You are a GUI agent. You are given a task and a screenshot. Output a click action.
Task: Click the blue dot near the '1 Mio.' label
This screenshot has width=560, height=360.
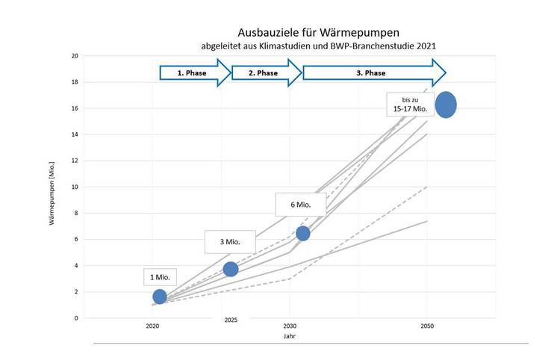pyautogui.click(x=160, y=297)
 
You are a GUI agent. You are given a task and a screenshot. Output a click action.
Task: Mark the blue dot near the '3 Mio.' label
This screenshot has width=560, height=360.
pyautogui.click(x=231, y=269)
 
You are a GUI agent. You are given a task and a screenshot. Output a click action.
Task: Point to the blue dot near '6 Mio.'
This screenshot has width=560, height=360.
pyautogui.click(x=302, y=234)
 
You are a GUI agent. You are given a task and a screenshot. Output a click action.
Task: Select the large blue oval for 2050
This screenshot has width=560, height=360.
pyautogui.click(x=446, y=105)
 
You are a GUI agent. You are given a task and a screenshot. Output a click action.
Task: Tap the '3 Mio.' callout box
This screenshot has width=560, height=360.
pyautogui.click(x=231, y=242)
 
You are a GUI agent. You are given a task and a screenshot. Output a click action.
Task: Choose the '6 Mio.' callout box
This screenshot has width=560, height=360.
pyautogui.click(x=302, y=204)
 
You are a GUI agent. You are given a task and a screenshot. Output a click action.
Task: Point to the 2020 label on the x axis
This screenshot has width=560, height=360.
pyautogui.click(x=152, y=327)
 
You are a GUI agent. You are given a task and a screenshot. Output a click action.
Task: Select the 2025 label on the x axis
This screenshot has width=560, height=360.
pyautogui.click(x=231, y=320)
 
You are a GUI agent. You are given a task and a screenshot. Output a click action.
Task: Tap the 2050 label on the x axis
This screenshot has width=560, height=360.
pyautogui.click(x=427, y=327)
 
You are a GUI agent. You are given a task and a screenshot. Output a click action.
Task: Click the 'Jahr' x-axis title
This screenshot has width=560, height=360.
pyautogui.click(x=290, y=336)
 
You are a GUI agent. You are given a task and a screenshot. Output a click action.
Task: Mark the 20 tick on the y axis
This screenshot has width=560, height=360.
pyautogui.click(x=75, y=55)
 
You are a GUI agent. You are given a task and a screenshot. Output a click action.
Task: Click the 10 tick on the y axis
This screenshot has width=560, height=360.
pyautogui.click(x=75, y=187)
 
